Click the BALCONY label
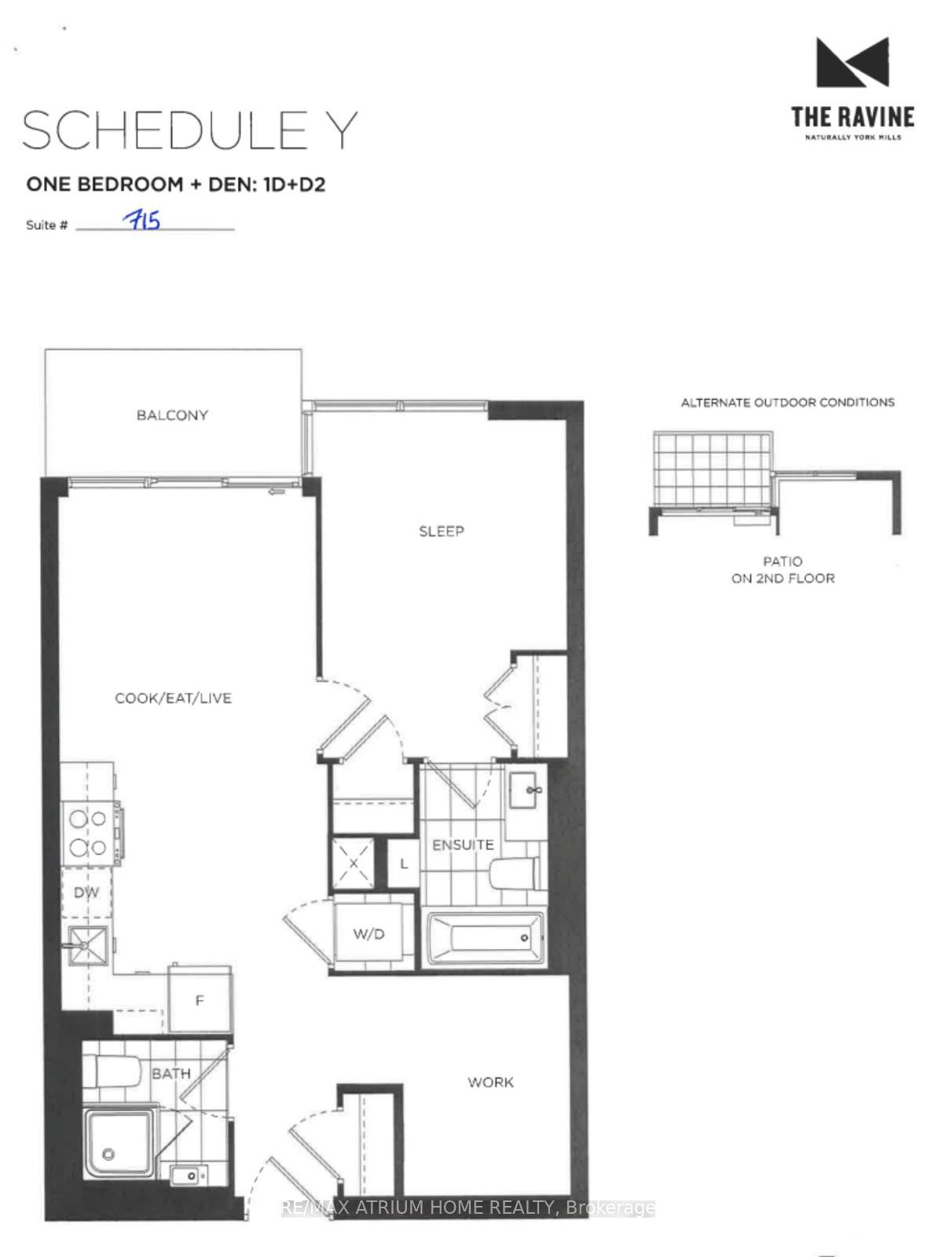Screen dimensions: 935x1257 click(172, 415)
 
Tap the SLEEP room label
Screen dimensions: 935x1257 click(441, 531)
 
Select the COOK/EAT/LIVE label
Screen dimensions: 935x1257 click(174, 698)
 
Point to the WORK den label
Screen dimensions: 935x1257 click(490, 1083)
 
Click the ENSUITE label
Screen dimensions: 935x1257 click(463, 845)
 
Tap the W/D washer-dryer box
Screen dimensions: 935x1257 click(369, 933)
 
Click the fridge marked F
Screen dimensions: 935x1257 click(200, 1000)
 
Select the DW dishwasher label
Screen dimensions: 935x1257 click(86, 892)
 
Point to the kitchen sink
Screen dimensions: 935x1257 click(88, 945)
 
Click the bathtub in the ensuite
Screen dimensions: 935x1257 click(485, 939)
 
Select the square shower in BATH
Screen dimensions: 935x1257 click(120, 1144)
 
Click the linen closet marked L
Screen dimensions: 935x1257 click(404, 863)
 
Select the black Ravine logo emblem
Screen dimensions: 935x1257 click(852, 62)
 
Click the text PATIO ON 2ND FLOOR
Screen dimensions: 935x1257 click(783, 570)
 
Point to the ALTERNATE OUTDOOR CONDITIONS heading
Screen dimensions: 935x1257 click(787, 402)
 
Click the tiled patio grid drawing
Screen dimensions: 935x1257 click(712, 469)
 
